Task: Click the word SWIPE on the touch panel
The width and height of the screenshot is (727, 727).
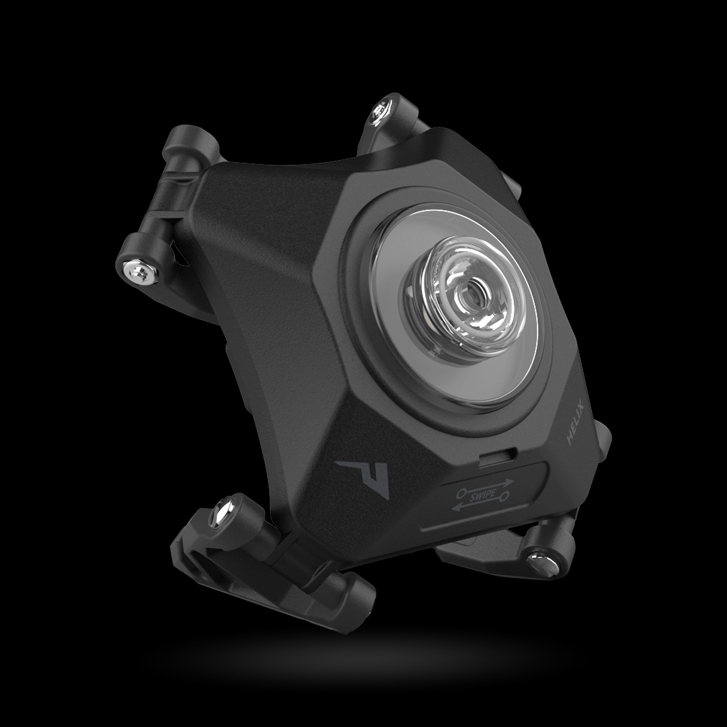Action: [x=483, y=495]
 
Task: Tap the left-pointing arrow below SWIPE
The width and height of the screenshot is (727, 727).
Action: [x=466, y=508]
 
